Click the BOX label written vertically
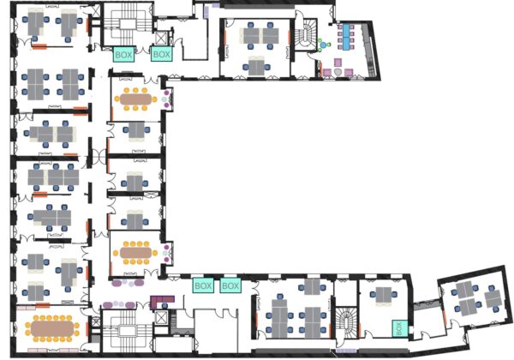(x=399, y=328)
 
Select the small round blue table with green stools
(x=324, y=45)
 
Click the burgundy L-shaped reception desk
(x=162, y=302)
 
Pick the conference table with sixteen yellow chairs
(x=52, y=328)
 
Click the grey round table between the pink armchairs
(x=338, y=72)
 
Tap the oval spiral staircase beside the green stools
(x=306, y=35)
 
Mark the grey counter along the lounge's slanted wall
(x=369, y=50)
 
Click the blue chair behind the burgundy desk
(x=164, y=306)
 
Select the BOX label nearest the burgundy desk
(x=203, y=286)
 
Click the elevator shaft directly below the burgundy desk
(x=161, y=317)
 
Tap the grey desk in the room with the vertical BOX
(x=383, y=295)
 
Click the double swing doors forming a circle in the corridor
(x=99, y=156)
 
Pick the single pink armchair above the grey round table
(x=338, y=62)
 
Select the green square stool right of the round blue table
(x=329, y=45)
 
